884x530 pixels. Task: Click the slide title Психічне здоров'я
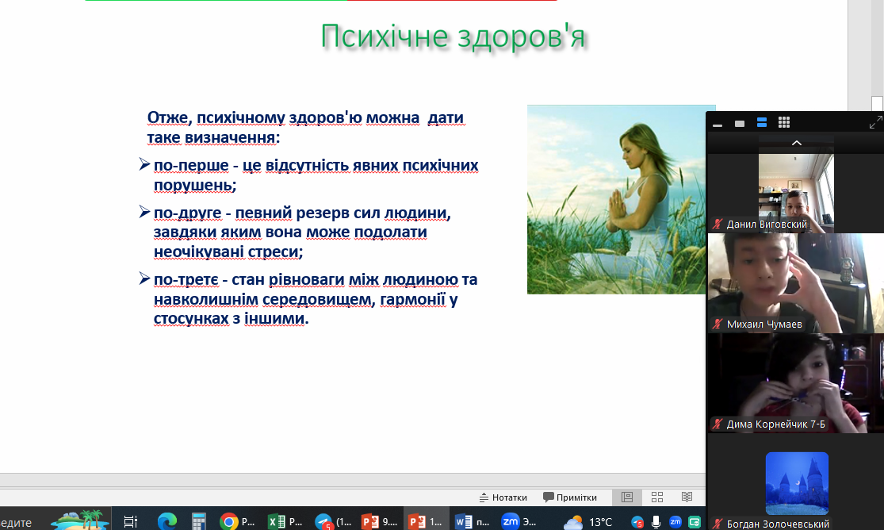[453, 36]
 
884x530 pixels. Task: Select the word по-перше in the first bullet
[191, 166]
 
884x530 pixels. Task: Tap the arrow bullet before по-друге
[144, 212]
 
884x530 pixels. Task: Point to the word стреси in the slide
[276, 252]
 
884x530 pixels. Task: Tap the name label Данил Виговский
[767, 224]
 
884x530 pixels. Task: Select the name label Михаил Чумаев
[764, 324]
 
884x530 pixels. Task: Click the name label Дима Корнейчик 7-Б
[775, 424]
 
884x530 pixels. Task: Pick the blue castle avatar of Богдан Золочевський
[797, 483]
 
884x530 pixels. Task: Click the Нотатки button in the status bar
[503, 497]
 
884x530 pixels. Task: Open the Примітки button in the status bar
[569, 497]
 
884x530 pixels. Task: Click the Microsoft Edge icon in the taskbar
[166, 521]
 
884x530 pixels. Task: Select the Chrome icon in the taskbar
[228, 521]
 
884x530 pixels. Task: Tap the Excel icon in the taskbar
[276, 521]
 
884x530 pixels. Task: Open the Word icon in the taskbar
[464, 521]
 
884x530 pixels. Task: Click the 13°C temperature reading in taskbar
[600, 522]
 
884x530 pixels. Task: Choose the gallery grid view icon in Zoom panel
[783, 122]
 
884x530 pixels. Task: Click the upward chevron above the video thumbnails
[797, 143]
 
